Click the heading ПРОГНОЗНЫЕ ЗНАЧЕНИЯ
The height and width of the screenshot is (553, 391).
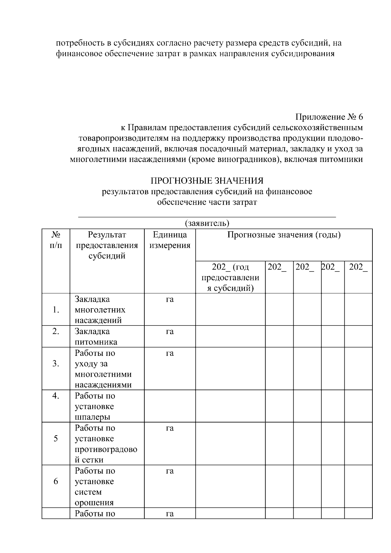207,181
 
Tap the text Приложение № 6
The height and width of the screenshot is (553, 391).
329,117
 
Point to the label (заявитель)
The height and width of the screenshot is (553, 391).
207,223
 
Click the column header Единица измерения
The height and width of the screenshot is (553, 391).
170,240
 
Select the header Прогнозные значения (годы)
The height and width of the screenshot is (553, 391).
284,235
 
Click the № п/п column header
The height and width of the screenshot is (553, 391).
56,240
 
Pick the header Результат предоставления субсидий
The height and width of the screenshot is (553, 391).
107,245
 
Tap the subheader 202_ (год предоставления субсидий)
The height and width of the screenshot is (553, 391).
230,277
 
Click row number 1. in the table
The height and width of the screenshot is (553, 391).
56,310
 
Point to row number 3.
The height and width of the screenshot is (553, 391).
56,364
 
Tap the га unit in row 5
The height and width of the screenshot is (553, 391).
170,428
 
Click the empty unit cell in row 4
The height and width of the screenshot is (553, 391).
170,406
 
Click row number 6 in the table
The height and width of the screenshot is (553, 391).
56,481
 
